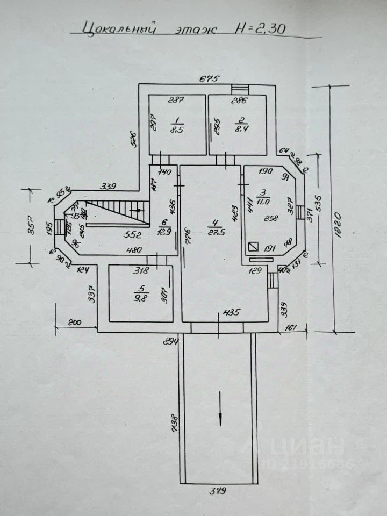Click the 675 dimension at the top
click(210, 79)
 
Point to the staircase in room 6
click(115, 210)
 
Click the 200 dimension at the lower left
click(74, 322)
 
